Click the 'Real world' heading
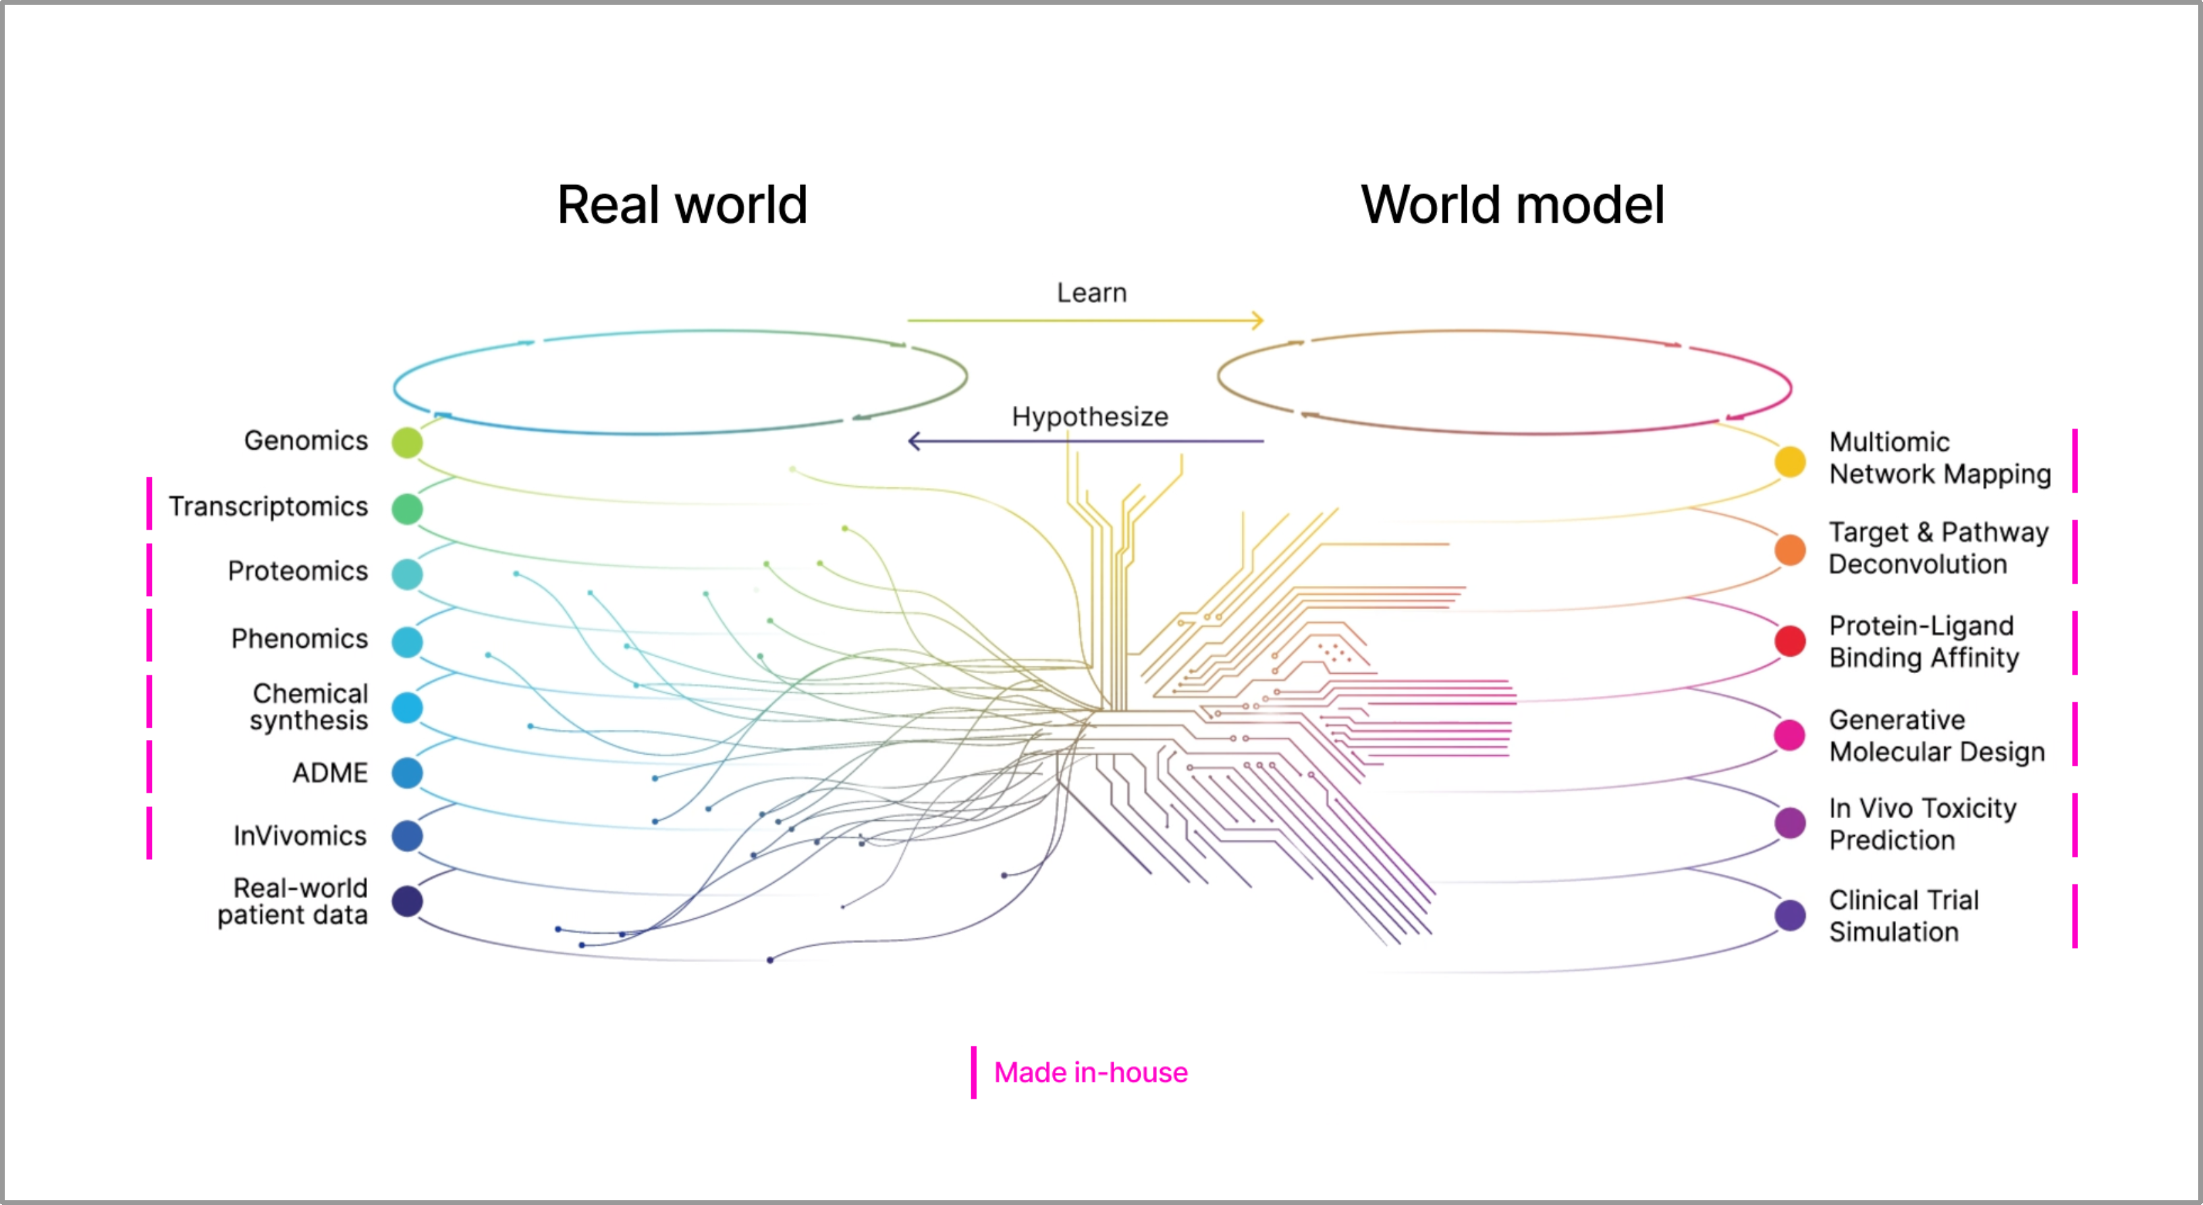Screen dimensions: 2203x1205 point(682,205)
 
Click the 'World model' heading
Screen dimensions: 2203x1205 point(1512,205)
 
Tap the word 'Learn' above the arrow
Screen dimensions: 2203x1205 point(1091,292)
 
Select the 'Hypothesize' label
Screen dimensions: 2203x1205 point(1089,417)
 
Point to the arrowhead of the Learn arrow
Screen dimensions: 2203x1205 point(1258,321)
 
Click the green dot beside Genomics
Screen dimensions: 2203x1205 point(407,442)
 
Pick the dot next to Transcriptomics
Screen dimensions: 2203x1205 point(407,509)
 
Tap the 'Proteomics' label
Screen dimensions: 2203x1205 point(298,571)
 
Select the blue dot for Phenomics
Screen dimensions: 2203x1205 point(407,642)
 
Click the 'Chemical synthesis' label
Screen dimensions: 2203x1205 point(308,706)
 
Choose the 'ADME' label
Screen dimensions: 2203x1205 point(330,773)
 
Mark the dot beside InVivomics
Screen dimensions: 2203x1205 point(407,836)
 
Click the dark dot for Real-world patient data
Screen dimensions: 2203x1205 point(407,901)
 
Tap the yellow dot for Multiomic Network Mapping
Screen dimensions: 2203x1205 point(1790,462)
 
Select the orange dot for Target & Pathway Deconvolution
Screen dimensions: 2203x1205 point(1790,550)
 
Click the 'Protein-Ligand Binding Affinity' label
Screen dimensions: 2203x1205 point(1924,641)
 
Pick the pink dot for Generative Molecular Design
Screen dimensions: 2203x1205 point(1790,734)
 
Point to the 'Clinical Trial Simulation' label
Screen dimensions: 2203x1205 point(1904,916)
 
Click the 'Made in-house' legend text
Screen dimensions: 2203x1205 point(1091,1073)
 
